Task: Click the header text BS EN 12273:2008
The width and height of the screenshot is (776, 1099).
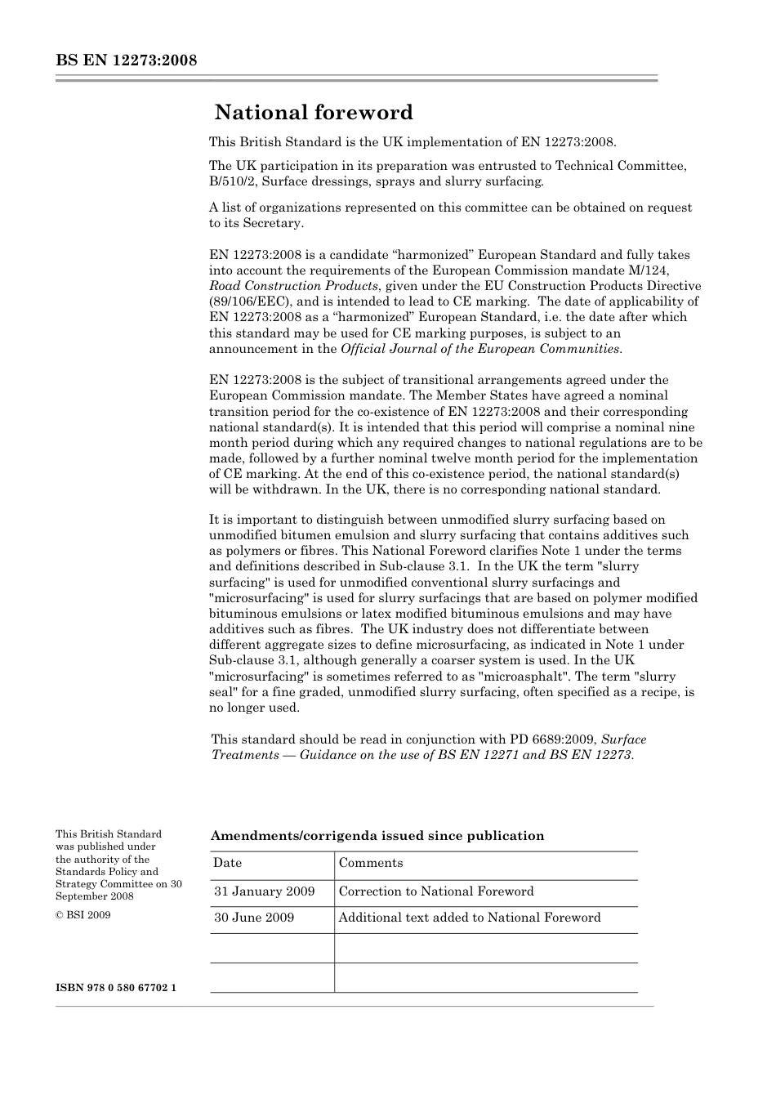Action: point(127,60)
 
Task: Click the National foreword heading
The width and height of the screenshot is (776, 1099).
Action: point(314,112)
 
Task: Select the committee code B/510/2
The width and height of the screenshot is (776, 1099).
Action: point(233,181)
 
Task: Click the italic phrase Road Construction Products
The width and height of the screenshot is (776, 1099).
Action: point(294,286)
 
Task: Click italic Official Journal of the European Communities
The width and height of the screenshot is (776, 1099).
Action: point(479,349)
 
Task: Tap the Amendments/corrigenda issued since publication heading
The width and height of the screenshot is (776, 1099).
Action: point(377,836)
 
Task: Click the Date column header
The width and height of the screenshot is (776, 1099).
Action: point(228,863)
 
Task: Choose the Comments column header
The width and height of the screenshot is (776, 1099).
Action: point(371,863)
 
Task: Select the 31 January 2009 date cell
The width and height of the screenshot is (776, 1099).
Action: point(265,891)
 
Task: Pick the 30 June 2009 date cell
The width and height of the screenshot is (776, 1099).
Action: point(254,918)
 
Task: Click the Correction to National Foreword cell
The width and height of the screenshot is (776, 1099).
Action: point(436,891)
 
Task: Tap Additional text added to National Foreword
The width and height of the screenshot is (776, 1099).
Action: point(470,918)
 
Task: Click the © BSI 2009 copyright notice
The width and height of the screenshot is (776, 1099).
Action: point(83,915)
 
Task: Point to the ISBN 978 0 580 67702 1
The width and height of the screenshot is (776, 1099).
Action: point(116,988)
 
